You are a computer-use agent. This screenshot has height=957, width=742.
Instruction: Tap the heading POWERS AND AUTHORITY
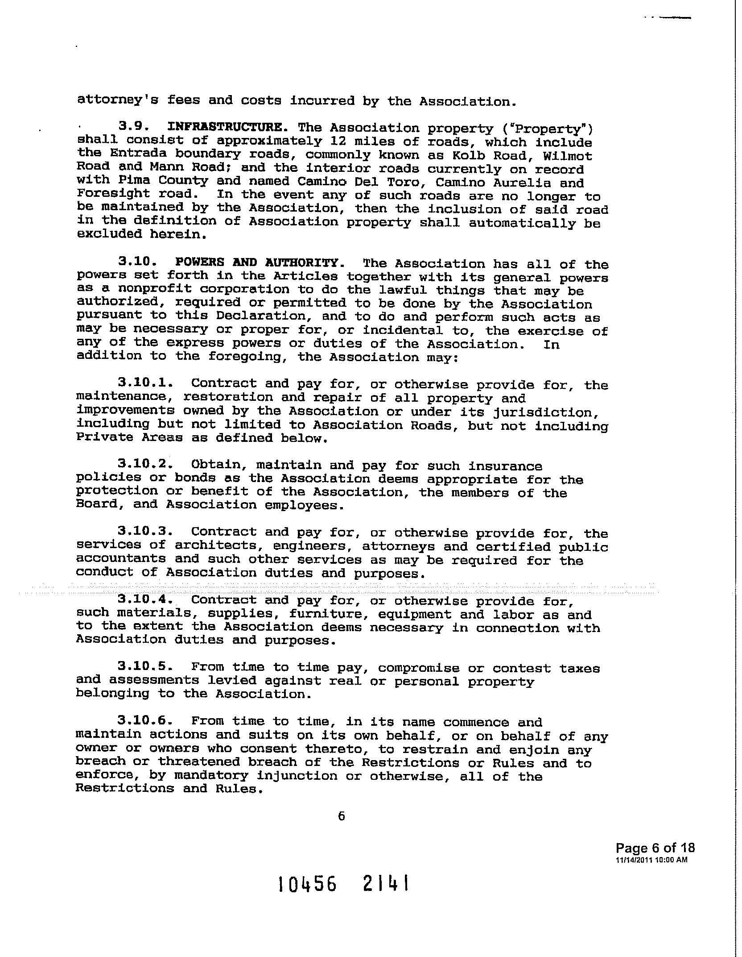pos(257,263)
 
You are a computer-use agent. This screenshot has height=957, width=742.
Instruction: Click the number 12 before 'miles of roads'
pos(338,142)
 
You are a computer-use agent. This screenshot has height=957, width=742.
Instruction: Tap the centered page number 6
pos(342,816)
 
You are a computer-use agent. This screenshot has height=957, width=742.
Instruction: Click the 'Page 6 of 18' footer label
pos(655,848)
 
